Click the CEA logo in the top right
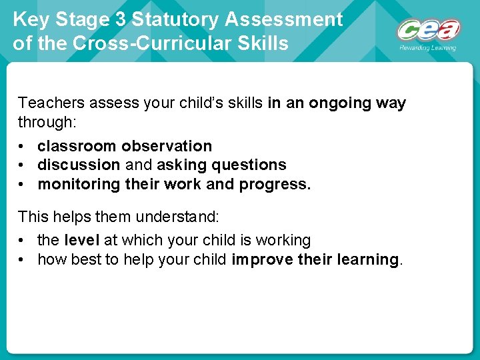tap(428, 30)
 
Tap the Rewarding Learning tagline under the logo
tap(428, 48)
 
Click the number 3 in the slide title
tap(120, 19)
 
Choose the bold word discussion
tap(79, 165)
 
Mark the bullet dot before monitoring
tap(23, 184)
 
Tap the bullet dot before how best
tap(23, 259)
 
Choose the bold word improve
tap(259, 259)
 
